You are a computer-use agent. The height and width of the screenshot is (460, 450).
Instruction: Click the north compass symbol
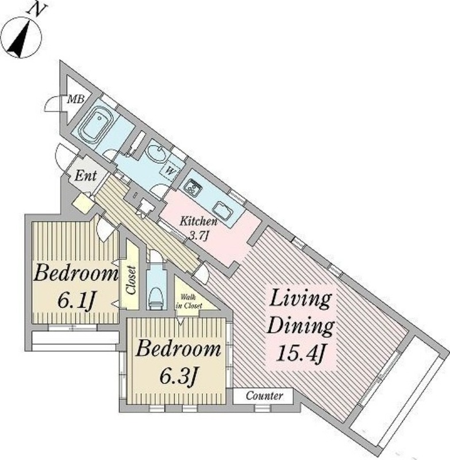coord(21,37)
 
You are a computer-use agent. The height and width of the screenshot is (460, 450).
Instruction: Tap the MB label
coord(76,99)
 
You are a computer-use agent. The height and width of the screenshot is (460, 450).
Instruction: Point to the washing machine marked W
coord(170,170)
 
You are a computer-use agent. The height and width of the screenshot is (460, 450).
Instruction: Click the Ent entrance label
coord(85,176)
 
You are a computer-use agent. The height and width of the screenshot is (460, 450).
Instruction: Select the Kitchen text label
coord(198,221)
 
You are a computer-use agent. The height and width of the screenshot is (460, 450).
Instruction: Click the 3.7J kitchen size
coord(198,235)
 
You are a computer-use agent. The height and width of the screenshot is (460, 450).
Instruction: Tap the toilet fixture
coord(156,298)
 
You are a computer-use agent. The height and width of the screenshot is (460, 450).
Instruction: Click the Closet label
coord(131,280)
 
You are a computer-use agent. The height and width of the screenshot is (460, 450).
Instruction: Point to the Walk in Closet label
coord(189,301)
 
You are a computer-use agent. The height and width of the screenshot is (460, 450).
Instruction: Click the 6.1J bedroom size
coord(76,301)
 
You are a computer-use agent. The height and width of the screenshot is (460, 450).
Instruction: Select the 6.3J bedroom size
coord(178,376)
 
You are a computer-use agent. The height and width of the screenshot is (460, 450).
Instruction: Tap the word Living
coord(301,299)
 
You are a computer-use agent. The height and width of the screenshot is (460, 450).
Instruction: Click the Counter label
coord(264,396)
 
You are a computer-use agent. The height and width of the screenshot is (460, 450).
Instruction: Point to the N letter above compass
coord(36,10)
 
